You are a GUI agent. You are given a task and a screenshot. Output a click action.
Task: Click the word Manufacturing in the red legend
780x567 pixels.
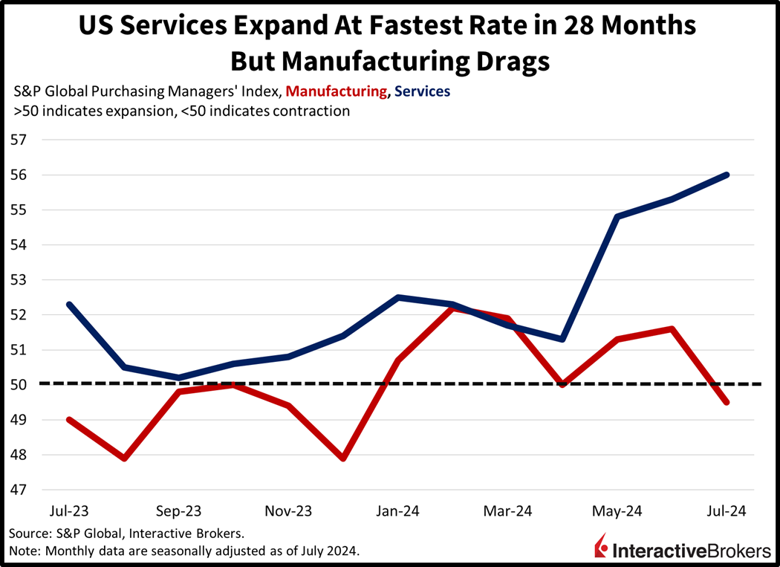(336, 92)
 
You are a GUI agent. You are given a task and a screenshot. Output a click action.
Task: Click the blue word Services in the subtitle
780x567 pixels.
(422, 92)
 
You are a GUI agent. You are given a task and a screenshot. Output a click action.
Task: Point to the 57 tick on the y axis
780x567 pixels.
(18, 140)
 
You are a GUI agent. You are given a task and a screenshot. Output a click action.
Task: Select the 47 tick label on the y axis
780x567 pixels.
(18, 490)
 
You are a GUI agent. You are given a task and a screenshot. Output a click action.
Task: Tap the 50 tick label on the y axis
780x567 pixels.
(18, 385)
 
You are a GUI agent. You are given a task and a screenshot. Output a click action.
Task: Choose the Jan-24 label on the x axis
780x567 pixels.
(400, 511)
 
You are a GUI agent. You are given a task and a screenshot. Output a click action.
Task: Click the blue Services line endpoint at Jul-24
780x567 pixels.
(726, 175)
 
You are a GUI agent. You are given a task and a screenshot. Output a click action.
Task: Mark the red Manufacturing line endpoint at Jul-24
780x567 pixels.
(726, 402)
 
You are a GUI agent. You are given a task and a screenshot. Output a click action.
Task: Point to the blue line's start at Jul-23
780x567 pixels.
(69, 304)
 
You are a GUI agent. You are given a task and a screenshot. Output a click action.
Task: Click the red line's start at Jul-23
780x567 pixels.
(69, 420)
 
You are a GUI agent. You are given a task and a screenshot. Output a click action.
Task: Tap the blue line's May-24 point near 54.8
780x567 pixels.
(617, 217)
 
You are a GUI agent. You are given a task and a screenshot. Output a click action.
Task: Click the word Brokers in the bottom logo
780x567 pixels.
(732, 551)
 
